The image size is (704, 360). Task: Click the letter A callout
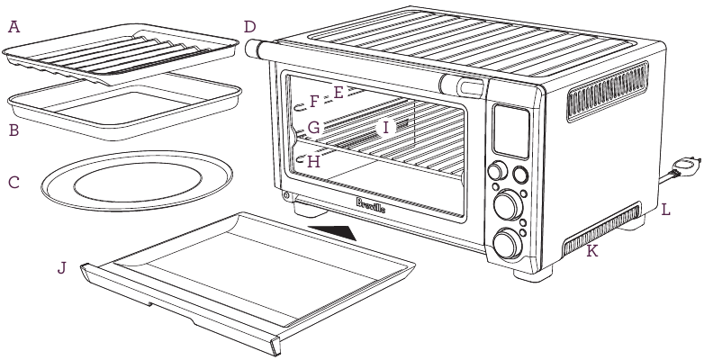click(x=13, y=27)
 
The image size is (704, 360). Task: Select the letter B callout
click(x=13, y=130)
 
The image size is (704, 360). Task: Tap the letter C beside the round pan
click(x=13, y=182)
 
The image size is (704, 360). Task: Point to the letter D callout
click(x=249, y=27)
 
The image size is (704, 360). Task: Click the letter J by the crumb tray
click(x=61, y=268)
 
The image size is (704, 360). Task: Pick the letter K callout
click(x=591, y=253)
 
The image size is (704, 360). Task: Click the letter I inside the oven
click(x=385, y=128)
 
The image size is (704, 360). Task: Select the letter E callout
click(x=338, y=92)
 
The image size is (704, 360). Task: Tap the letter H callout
click(x=313, y=162)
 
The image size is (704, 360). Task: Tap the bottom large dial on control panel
click(x=508, y=241)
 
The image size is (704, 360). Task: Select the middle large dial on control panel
click(x=508, y=203)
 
